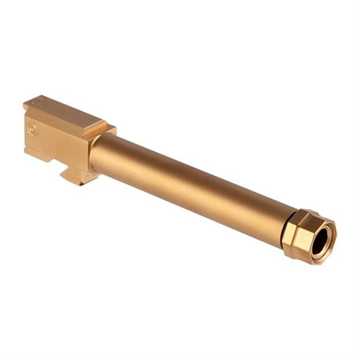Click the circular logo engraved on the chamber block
pyautogui.click(x=32, y=130)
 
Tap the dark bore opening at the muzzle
pyautogui.click(x=321, y=237)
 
